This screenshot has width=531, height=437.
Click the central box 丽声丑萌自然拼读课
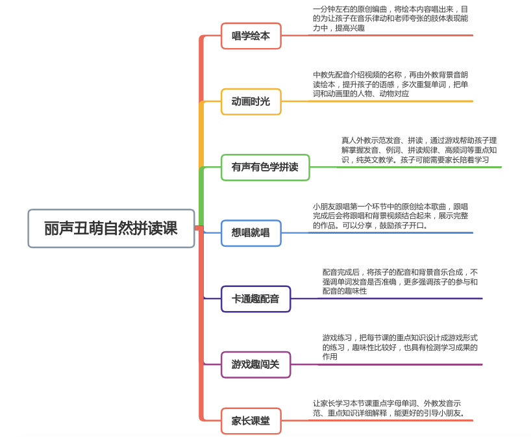111,229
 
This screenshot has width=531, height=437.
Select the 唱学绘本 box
251,36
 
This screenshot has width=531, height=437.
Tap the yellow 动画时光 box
251,102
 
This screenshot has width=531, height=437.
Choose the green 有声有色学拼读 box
265,168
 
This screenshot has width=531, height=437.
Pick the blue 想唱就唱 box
251,233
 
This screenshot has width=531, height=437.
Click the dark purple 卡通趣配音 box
256,299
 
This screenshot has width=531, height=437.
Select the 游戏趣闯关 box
256,364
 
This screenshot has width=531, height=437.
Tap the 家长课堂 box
251,421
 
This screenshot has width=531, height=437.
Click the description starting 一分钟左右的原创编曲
391,19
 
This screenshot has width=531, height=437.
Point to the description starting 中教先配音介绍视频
391,84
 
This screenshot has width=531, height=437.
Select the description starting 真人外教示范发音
419,150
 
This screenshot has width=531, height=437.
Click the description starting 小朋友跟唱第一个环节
391,216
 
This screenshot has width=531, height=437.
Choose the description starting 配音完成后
400,282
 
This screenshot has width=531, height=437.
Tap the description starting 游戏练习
400,347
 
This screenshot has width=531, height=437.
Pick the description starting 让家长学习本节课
388,408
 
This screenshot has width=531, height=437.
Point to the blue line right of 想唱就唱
377,232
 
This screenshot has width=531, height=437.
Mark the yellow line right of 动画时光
377,101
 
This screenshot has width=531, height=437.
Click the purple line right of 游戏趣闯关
387,364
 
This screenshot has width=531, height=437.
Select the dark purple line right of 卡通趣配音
387,299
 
